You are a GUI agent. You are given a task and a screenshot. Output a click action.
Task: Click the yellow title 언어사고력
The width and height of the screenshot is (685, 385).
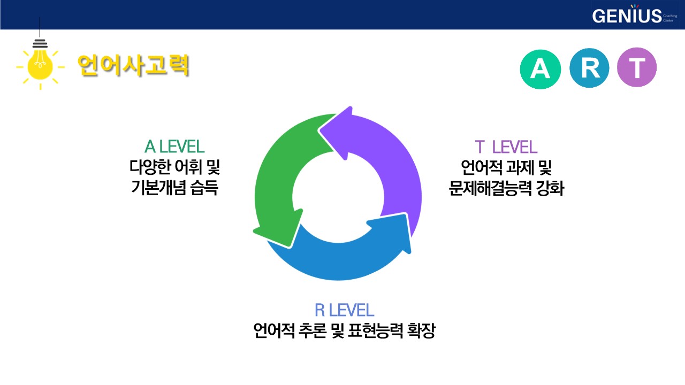click(x=133, y=65)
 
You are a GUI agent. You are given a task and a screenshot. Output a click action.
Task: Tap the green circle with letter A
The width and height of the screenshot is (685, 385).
click(x=540, y=68)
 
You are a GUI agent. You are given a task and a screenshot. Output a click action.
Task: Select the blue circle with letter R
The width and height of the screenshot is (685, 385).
click(x=589, y=68)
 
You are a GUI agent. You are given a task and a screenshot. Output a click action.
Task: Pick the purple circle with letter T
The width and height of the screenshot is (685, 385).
click(x=637, y=68)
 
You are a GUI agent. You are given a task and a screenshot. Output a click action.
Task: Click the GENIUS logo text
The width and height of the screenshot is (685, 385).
click(x=627, y=16)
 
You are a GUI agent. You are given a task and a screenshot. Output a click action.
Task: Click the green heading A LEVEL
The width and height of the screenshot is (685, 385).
click(x=174, y=147)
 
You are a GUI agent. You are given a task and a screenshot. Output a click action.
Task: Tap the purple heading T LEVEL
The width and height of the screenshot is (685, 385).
click(x=506, y=147)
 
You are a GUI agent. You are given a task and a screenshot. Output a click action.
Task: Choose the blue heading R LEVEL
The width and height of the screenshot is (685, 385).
click(x=344, y=310)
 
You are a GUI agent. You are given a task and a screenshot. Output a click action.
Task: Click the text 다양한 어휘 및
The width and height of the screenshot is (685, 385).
click(x=174, y=167)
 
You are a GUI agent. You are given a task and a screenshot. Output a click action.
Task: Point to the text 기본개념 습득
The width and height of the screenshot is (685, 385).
click(x=174, y=188)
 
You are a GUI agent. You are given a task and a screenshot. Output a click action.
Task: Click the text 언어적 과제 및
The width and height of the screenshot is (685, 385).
click(x=506, y=167)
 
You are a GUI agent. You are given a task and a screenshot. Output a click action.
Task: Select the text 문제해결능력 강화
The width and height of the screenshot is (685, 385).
click(x=506, y=188)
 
